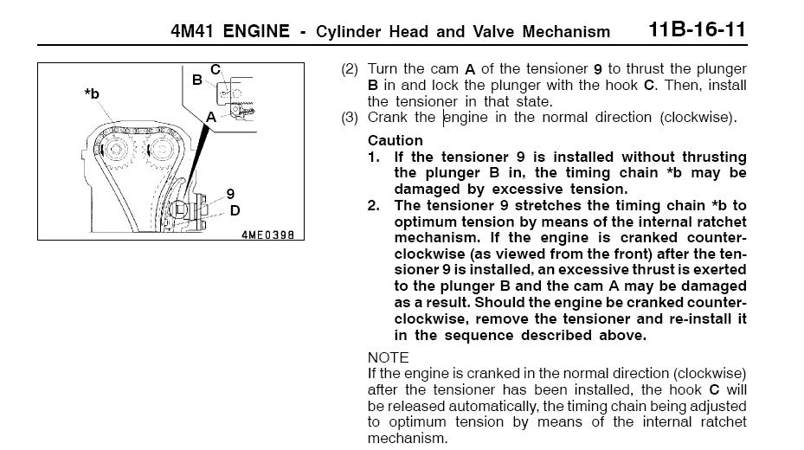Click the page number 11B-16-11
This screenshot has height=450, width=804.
697,29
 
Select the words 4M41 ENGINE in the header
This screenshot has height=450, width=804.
230,31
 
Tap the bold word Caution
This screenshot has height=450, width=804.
395,140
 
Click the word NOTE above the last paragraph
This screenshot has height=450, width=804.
389,357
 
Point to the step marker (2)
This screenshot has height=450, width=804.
350,69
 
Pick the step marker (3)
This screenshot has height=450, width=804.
350,118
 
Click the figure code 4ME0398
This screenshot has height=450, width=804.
267,235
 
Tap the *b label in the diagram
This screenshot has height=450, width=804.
92,93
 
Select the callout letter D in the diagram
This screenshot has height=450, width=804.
235,210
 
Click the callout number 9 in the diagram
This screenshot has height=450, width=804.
230,194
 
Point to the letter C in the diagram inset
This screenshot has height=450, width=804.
215,69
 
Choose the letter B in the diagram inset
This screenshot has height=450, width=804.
197,80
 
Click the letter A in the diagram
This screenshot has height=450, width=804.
211,118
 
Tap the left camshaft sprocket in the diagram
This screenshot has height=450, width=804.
116,150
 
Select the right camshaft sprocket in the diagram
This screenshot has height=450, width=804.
161,150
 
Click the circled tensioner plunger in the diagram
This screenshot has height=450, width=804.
178,209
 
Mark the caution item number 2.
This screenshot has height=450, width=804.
373,205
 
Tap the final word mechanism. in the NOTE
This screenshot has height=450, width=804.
408,439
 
